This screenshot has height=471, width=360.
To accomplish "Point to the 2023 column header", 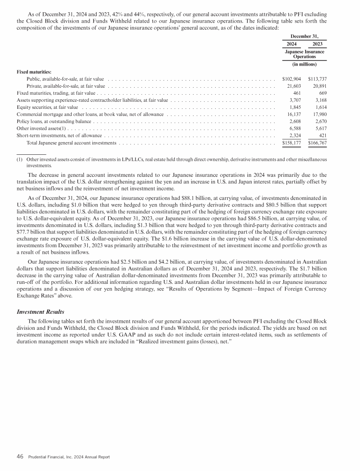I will click(318, 44).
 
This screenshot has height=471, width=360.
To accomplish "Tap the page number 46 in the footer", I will click(20, 456).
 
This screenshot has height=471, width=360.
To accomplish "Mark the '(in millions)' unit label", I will click(306, 64).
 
